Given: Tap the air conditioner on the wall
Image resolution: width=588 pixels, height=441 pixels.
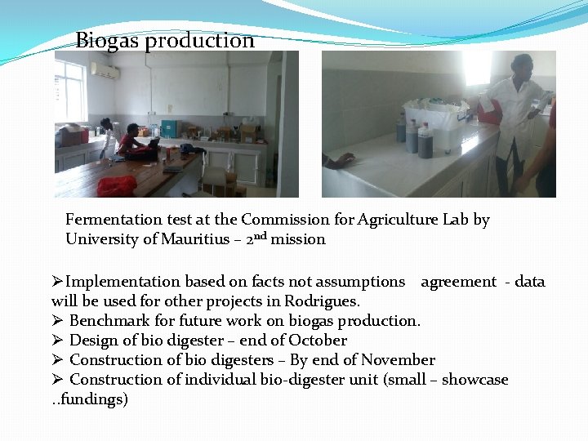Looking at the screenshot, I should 105,71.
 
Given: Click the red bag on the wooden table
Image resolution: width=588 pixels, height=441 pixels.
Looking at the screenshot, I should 116,185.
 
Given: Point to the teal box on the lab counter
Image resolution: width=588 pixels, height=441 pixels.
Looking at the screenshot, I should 169,128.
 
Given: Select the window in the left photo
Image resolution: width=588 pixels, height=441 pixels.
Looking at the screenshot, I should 70,91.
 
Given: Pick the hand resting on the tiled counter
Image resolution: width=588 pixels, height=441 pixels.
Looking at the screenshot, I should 338,161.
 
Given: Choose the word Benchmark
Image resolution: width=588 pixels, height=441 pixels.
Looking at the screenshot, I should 107,321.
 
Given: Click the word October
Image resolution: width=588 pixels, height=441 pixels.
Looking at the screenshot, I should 320,341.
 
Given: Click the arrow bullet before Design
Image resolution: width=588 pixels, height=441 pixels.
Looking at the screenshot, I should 57,341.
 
